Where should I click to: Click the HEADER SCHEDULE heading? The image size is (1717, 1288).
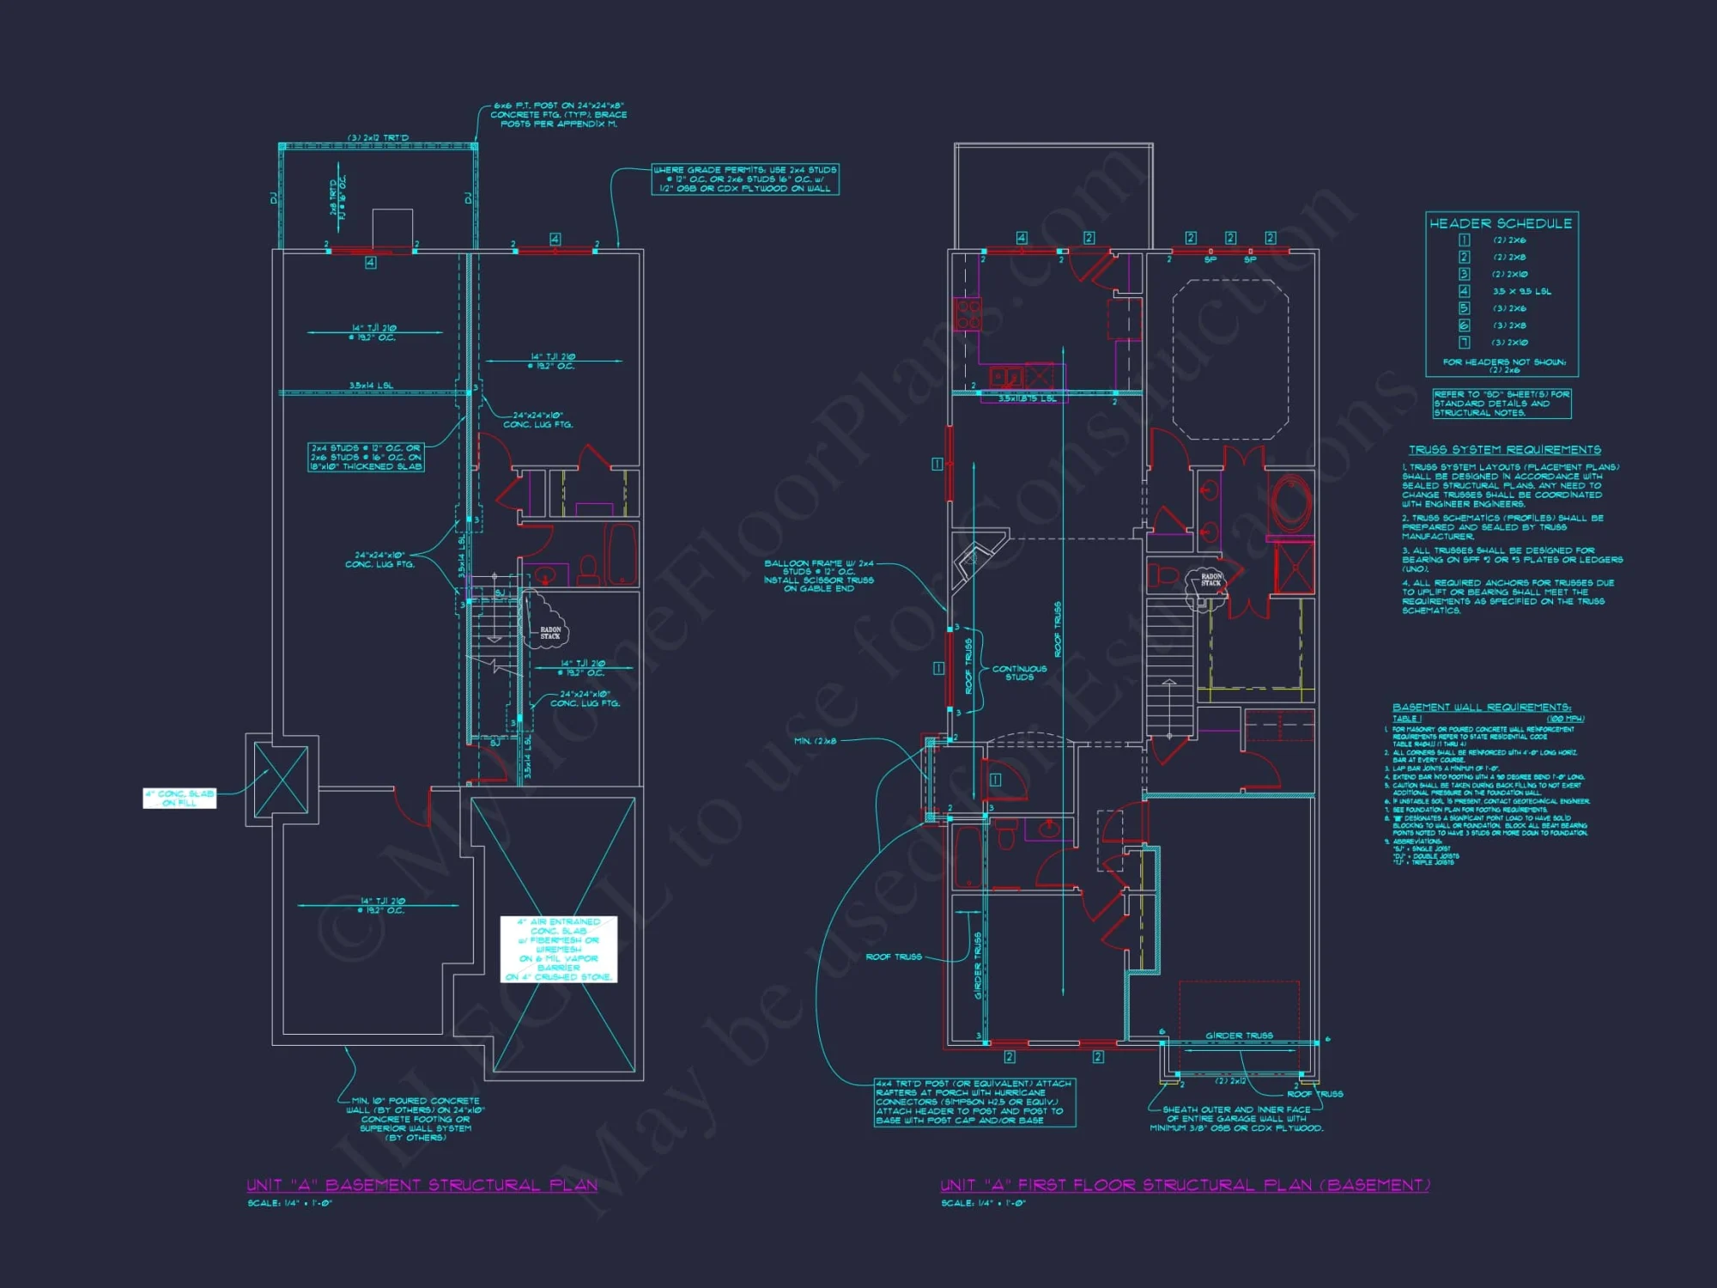1501,223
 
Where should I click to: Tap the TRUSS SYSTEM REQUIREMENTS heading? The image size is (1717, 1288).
1504,450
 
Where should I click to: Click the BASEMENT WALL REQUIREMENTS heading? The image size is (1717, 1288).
1481,708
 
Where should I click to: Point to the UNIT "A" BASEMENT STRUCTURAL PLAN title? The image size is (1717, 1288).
422,1185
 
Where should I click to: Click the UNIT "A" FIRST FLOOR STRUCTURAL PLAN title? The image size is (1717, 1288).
1185,1185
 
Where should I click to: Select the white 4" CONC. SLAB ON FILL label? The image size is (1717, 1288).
179,799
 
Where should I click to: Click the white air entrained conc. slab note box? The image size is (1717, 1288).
559,949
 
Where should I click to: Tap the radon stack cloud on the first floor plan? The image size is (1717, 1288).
1209,581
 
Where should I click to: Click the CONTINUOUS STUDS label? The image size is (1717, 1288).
1019,672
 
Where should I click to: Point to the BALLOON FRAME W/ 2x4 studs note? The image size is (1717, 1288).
819,575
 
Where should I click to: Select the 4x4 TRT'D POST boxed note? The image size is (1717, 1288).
974,1102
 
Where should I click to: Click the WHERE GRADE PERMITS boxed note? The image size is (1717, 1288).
744,179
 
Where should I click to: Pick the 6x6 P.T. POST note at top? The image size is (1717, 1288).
558,114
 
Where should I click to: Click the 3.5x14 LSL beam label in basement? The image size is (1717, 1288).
371,386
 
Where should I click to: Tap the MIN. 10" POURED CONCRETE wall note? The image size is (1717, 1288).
416,1119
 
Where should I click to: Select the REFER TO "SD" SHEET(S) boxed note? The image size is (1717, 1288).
1502,404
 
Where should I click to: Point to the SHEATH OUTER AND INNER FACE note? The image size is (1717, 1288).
1236,1119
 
